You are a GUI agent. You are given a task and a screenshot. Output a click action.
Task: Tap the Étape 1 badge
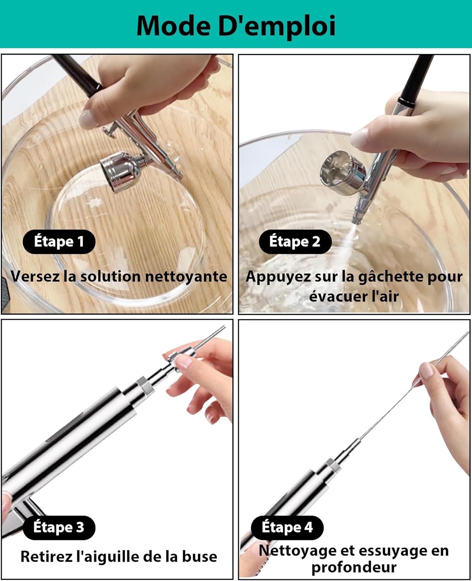coord(59,242)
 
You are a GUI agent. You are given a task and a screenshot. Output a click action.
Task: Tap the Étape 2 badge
coord(295,242)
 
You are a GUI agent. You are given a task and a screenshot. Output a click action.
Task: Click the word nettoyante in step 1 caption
coord(186,277)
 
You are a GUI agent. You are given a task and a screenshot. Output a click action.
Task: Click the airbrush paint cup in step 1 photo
coord(121,172)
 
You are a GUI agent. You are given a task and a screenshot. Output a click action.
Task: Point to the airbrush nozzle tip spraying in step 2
coord(356,220)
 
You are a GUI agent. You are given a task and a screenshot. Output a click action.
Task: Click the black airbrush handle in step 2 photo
coord(416,79)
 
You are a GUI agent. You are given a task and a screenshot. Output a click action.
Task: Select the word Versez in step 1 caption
coord(35,276)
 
